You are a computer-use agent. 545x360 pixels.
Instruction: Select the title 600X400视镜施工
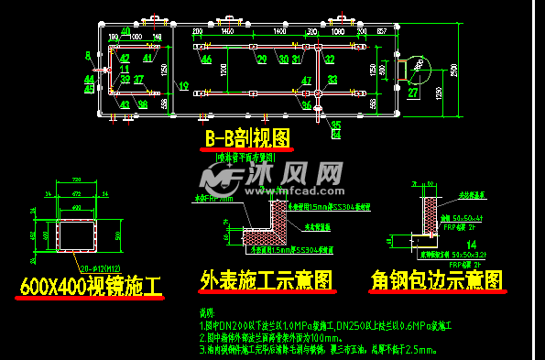pyautogui.click(x=91, y=287)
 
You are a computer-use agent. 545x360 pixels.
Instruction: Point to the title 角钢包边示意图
pyautogui.click(x=437, y=279)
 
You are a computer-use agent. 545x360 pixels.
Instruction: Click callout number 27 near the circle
pyautogui.click(x=413, y=93)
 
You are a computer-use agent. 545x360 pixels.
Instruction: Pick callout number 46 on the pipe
pyautogui.click(x=207, y=60)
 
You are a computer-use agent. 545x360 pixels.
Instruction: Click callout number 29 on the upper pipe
pyautogui.click(x=262, y=60)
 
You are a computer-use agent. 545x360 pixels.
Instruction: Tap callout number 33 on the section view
pyautogui.click(x=331, y=79)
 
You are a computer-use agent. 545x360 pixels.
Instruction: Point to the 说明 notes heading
pyautogui.click(x=207, y=314)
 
